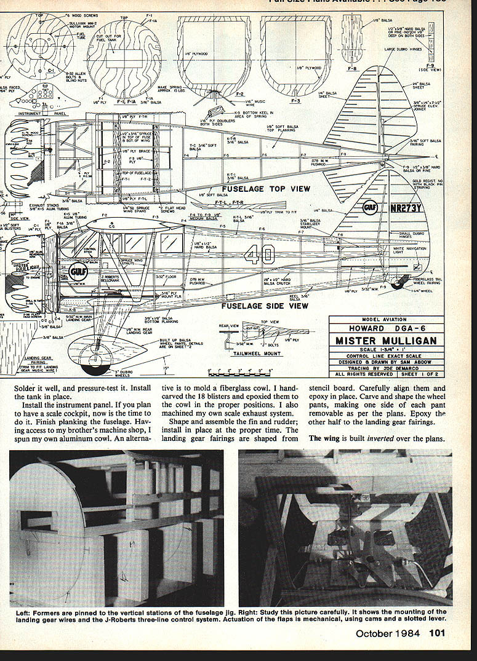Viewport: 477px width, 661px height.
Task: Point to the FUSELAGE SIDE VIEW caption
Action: [265, 306]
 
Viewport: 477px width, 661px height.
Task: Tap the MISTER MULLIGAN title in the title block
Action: [386, 341]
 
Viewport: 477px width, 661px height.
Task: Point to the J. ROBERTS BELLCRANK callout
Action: [109, 279]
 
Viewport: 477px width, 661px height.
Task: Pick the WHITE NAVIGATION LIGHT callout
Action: [407, 250]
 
